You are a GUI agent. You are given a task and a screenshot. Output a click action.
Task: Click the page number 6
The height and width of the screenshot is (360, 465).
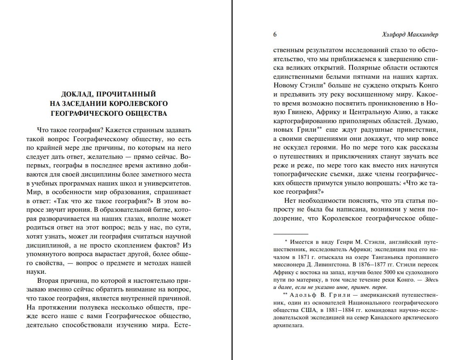275,34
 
